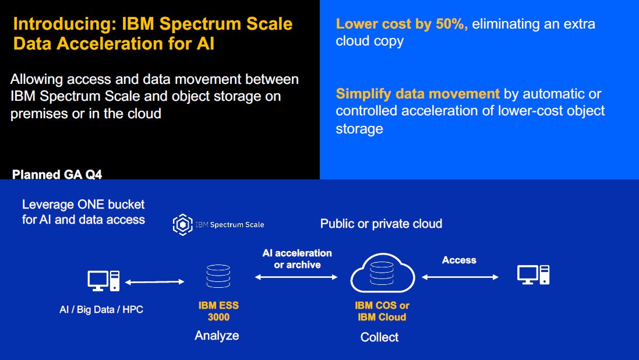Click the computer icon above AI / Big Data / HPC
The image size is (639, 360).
(103, 280)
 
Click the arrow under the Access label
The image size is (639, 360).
(460, 277)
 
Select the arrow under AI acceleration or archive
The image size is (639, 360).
(296, 278)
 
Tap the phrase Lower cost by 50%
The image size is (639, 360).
(402, 24)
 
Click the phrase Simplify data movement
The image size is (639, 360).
(418, 94)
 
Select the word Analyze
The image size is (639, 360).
(217, 336)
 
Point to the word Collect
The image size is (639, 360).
(380, 337)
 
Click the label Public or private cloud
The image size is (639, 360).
(381, 224)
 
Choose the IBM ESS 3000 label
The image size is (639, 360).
(218, 311)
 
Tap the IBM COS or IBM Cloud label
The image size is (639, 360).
(382, 311)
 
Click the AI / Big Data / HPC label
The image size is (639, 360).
(101, 310)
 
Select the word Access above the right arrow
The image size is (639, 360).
(459, 260)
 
